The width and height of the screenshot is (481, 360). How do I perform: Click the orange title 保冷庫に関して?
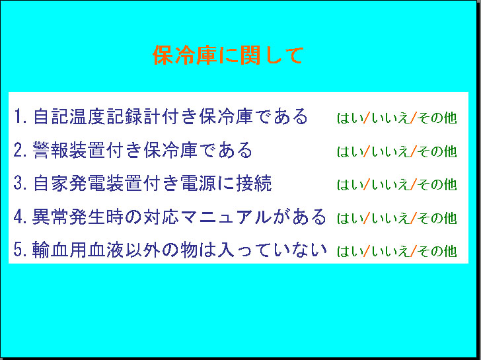(228, 55)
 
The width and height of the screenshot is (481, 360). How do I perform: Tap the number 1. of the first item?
(20, 116)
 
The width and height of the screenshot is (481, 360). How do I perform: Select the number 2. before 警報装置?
(20, 150)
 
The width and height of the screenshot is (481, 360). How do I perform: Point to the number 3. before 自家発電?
(20, 183)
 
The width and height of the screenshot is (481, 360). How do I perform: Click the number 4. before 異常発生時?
(20, 217)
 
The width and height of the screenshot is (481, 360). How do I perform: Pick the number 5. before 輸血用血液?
(20, 250)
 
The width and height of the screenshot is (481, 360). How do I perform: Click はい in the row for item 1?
(349, 118)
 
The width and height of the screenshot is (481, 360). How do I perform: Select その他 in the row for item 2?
(437, 151)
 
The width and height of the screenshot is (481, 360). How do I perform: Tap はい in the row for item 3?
(349, 184)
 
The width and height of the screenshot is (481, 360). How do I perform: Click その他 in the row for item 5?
(437, 251)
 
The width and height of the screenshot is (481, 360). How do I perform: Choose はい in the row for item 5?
(349, 251)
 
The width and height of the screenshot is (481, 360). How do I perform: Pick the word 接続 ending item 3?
(254, 183)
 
